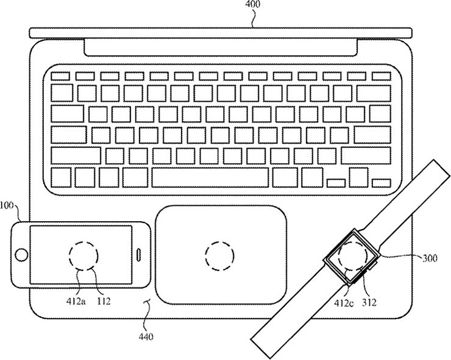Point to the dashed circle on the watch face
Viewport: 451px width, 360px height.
pyautogui.click(x=353, y=256)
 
